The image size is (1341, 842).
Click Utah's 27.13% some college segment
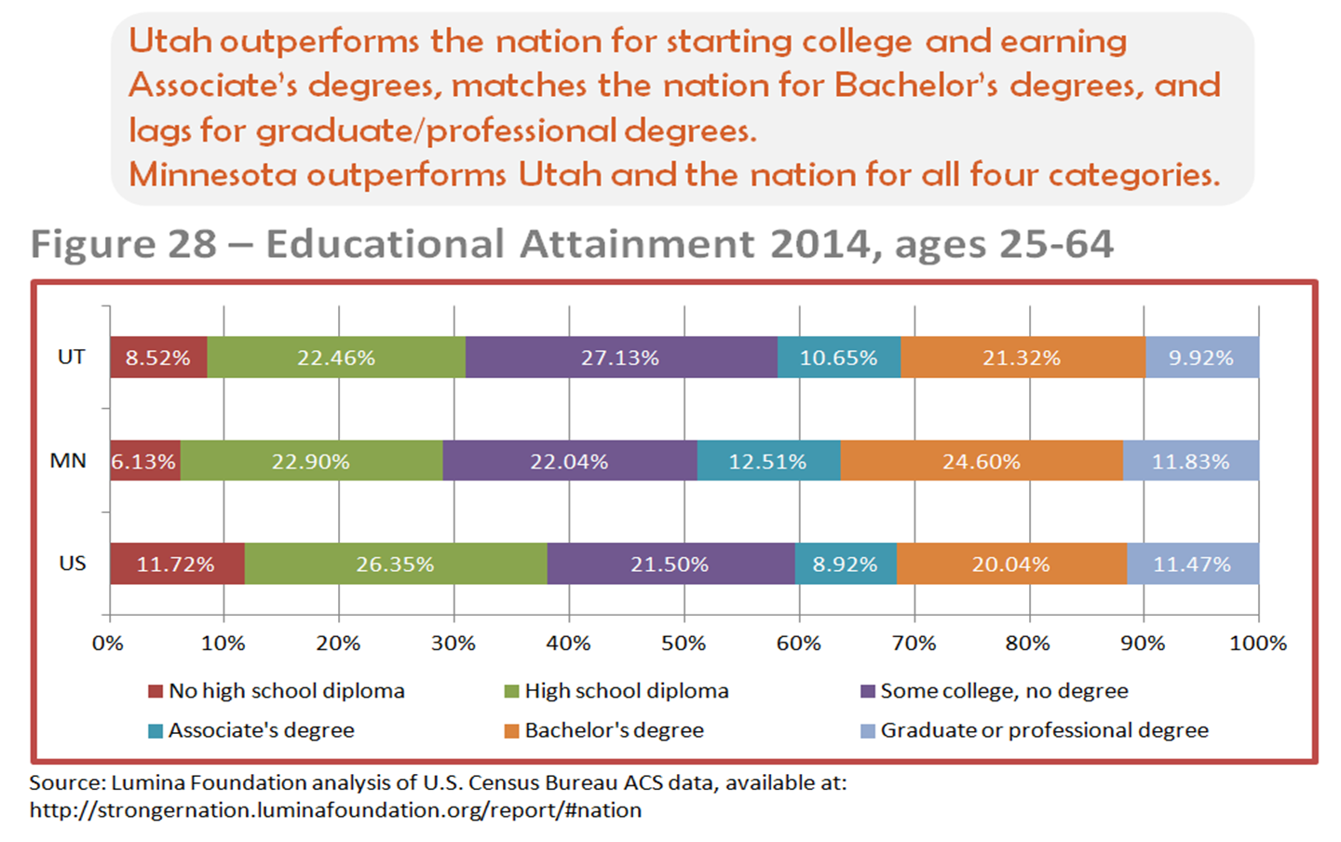(620, 358)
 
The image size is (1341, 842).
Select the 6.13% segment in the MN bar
(144, 461)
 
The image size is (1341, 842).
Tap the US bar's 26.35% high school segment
(395, 564)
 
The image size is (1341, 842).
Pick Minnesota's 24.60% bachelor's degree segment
(981, 461)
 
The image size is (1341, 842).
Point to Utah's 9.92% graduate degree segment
(1201, 358)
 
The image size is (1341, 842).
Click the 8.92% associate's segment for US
(845, 564)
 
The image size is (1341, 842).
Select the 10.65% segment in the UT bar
(838, 358)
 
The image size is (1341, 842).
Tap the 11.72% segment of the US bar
(176, 564)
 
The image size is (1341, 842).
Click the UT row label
(72, 357)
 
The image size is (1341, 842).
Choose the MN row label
(68, 460)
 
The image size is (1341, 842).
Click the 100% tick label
(1258, 643)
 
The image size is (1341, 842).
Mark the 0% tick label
(108, 643)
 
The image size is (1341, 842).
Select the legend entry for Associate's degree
(251, 730)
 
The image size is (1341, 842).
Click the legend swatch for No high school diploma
(156, 691)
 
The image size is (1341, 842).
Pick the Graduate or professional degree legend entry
(1035, 730)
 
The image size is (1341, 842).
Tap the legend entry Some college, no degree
(995, 691)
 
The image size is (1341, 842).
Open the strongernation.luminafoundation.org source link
(335, 809)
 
